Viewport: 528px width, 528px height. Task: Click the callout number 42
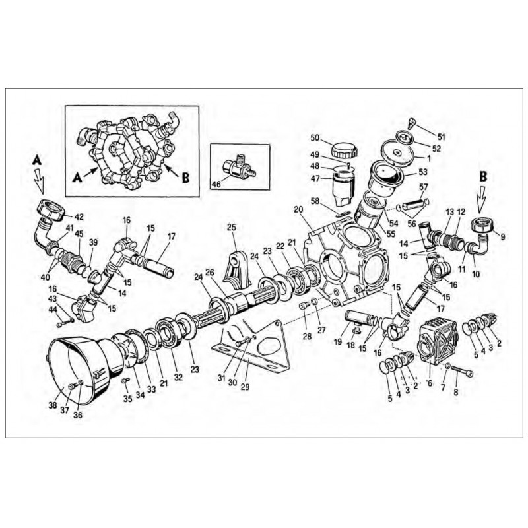click(x=79, y=216)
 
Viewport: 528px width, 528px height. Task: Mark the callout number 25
click(x=231, y=228)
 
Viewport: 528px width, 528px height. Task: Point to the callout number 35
click(x=127, y=398)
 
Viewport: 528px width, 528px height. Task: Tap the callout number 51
click(x=442, y=137)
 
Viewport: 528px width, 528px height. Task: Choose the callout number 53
click(x=422, y=172)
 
